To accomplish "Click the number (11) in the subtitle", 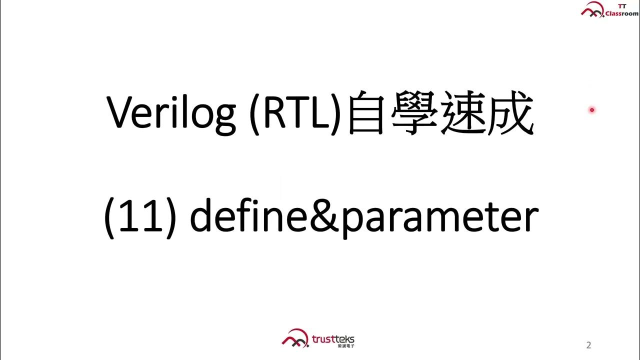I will pyautogui.click(x=139, y=218).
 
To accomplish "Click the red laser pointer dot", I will pyautogui.click(x=592, y=110).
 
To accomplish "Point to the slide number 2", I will pyautogui.click(x=588, y=345).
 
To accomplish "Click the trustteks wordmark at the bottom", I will pyautogui.click(x=332, y=339).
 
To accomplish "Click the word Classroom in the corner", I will pyautogui.click(x=621, y=14).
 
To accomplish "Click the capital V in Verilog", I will pyautogui.click(x=120, y=113).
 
